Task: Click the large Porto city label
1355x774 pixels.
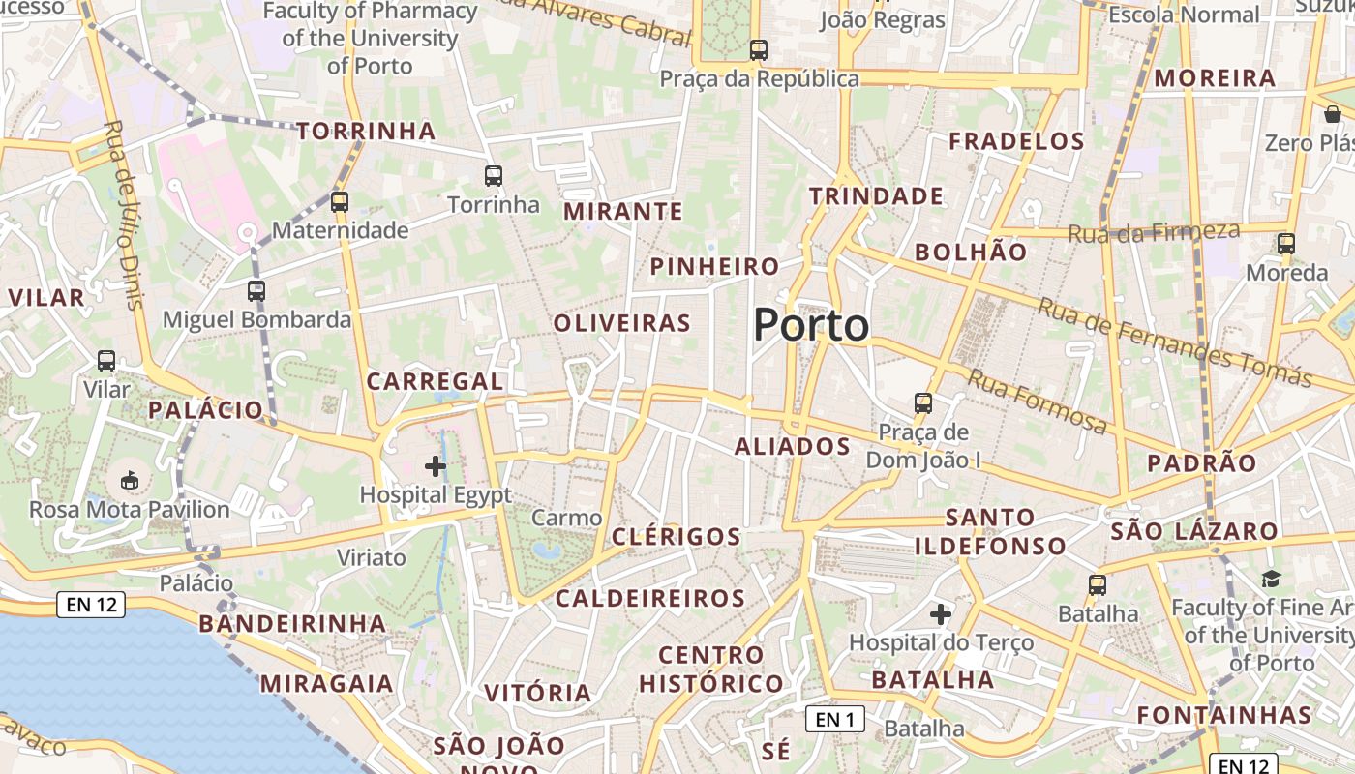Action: (x=811, y=325)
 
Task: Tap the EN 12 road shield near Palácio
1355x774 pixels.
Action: (x=92, y=606)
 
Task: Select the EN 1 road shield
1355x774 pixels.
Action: (x=834, y=719)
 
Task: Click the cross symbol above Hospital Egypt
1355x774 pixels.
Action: (x=436, y=466)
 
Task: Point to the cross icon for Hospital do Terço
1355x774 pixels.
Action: (x=941, y=613)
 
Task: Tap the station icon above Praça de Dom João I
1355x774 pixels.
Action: (x=923, y=402)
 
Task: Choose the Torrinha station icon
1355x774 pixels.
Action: (x=494, y=176)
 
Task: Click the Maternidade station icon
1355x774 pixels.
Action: (x=339, y=202)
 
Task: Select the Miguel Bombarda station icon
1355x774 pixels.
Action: (x=256, y=290)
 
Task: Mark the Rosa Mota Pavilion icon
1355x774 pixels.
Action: (x=129, y=480)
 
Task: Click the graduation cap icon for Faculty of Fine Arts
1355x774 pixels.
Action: (x=1271, y=579)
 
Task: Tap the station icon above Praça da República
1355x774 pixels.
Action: (x=759, y=49)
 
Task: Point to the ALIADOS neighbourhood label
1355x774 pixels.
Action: (x=792, y=446)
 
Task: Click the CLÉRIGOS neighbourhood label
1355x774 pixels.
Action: (x=677, y=536)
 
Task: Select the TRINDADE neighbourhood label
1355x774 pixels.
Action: (x=876, y=196)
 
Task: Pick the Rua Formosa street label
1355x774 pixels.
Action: (x=1038, y=402)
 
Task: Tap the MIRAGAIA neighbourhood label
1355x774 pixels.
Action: (x=326, y=683)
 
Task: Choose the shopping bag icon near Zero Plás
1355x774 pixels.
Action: (x=1333, y=114)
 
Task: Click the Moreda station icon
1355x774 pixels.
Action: (x=1286, y=244)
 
